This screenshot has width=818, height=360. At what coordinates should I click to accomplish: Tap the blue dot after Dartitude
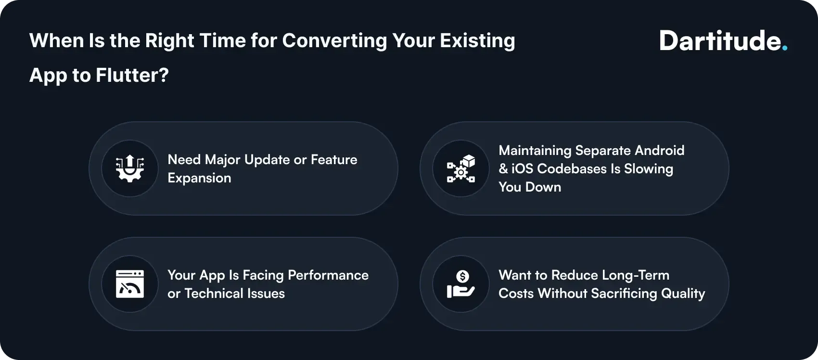(785, 48)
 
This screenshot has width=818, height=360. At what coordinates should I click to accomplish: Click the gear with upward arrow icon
(130, 168)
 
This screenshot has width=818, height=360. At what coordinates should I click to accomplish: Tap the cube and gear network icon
(461, 168)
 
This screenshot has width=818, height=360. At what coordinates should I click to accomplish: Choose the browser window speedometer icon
(130, 284)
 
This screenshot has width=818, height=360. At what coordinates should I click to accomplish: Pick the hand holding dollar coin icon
(461, 284)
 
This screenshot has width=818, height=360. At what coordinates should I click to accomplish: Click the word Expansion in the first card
(199, 178)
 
